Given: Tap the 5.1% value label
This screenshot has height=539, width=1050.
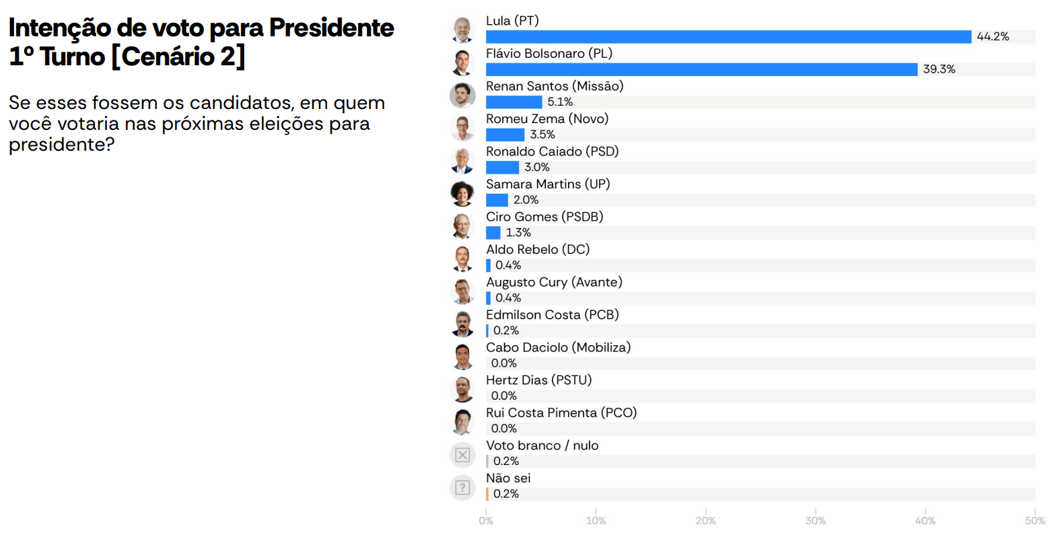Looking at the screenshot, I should (560, 102).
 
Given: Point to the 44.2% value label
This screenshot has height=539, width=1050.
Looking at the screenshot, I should (993, 37).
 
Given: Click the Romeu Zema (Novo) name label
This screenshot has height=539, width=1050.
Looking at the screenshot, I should (547, 119).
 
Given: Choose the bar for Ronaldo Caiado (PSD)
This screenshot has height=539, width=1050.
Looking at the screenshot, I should (502, 168).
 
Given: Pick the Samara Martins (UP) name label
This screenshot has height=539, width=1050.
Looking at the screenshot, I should (548, 184).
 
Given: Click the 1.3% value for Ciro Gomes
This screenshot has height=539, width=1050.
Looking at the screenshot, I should (518, 233).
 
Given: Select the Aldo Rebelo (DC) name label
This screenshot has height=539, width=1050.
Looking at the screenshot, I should (538, 250).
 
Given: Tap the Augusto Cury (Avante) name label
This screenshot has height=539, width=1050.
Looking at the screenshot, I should (554, 283).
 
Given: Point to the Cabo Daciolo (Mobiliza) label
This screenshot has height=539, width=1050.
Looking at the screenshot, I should (558, 348).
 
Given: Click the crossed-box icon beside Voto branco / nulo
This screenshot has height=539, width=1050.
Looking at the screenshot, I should (462, 456).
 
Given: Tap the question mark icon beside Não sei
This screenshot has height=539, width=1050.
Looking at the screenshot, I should (462, 488).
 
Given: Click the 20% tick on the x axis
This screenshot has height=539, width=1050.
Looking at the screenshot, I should (705, 521).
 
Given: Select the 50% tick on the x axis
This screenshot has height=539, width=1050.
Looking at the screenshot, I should (1035, 521).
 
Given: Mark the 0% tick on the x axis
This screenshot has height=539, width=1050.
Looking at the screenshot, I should (486, 521).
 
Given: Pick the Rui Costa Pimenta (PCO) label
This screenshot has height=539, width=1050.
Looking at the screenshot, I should (561, 413).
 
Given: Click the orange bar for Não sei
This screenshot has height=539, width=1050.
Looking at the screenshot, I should (487, 495).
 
